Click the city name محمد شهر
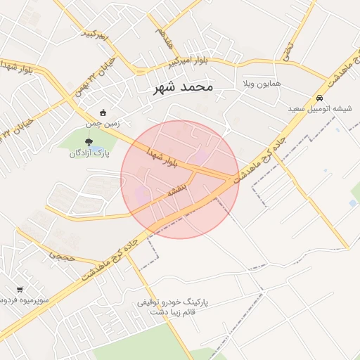tap(182, 88)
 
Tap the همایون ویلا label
tap(262, 84)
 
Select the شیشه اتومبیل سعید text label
tap(320, 109)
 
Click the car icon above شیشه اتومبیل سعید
tap(320, 98)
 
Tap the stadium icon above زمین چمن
tap(104, 112)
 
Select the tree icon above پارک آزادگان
tap(88, 142)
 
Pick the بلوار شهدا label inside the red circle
tap(163, 158)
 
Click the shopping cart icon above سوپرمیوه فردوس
tap(20, 289)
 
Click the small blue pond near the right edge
tap(352, 203)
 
